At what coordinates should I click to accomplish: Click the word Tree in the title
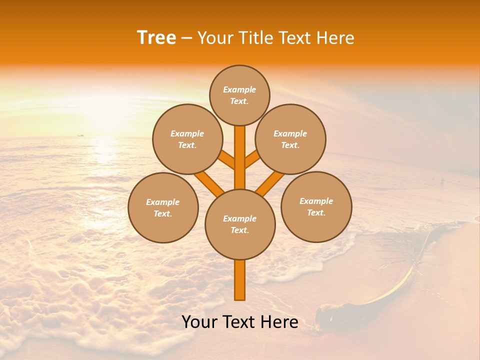pos(156,37)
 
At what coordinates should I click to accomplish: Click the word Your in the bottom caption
pos(199,322)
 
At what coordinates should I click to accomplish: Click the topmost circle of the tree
pos(239,95)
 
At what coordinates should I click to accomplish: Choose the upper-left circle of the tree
pos(187,139)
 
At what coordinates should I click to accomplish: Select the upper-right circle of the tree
pos(290,139)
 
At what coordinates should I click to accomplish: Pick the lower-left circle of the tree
pos(163,207)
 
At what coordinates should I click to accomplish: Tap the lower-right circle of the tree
pos(316,206)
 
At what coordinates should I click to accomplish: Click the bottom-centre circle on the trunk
pos(240,224)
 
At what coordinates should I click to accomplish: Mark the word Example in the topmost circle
pos(239,89)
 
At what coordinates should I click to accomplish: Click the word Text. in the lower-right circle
pos(316,212)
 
